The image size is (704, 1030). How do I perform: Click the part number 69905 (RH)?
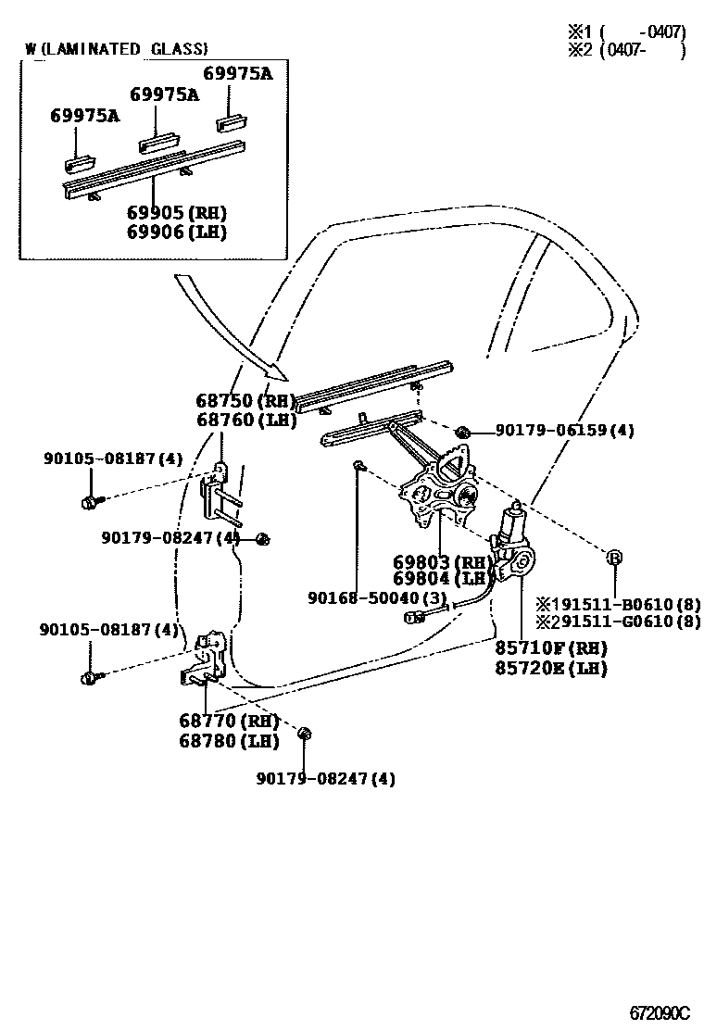tap(177, 212)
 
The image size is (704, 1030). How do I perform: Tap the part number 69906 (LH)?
tap(177, 232)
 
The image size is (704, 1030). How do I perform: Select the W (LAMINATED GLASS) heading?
tap(117, 49)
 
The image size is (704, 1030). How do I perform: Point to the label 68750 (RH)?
tap(245, 401)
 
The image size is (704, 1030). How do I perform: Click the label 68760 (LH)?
tap(245, 420)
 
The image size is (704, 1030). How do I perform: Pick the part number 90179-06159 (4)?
tap(565, 431)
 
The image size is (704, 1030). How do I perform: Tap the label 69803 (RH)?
tap(440, 562)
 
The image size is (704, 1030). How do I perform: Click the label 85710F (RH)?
tap(550, 647)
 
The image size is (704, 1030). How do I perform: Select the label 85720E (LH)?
tap(550, 667)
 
